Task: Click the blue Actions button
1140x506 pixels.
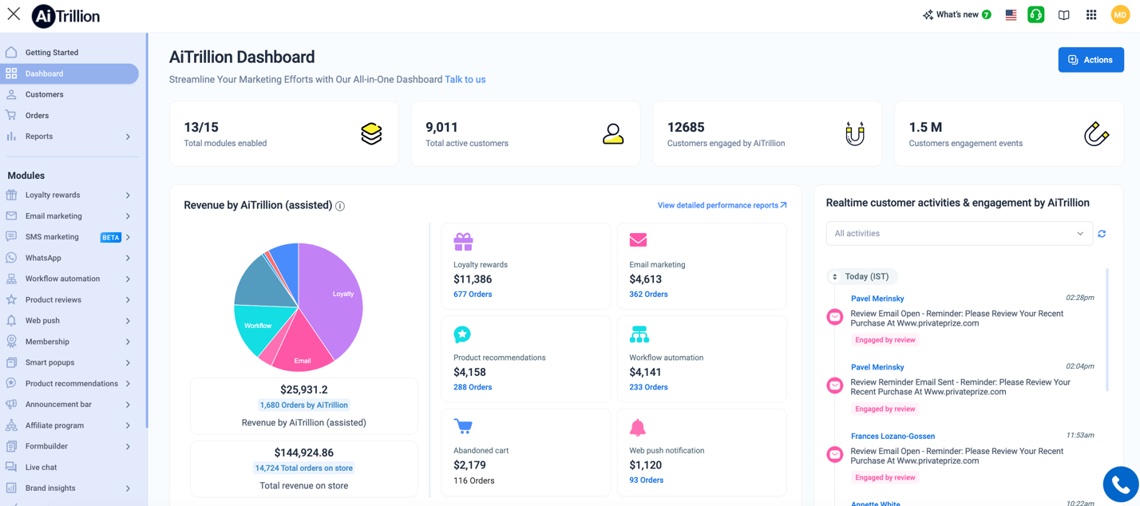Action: point(1091,60)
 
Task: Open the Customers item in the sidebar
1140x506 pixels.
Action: point(44,94)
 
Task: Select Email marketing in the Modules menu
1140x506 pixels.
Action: point(53,216)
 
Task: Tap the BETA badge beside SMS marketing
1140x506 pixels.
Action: point(111,237)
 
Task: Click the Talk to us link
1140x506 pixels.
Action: point(465,80)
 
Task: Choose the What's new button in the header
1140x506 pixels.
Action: point(956,15)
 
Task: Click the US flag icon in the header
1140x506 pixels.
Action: point(1011,15)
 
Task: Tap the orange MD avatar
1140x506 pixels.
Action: point(1120,15)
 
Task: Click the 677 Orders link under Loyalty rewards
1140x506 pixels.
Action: point(473,295)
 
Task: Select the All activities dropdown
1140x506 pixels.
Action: point(959,234)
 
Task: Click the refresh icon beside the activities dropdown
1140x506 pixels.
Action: point(1102,234)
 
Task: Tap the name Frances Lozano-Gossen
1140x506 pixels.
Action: point(893,437)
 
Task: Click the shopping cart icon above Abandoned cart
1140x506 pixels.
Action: point(463,426)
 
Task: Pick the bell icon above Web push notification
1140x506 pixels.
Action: point(638,427)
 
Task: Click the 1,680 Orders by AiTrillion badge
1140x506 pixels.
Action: point(303,405)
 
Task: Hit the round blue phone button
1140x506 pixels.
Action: point(1120,484)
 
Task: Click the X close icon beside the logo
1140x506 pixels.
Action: point(14,14)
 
